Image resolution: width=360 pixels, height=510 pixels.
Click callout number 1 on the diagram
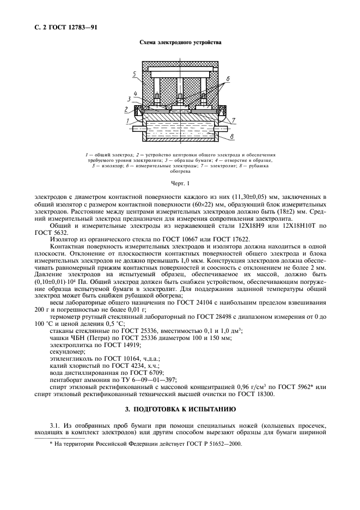coord(126,120)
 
